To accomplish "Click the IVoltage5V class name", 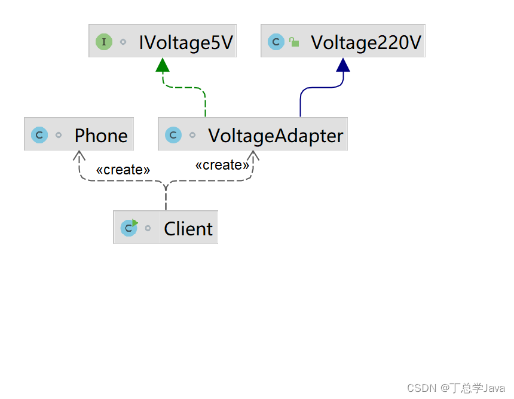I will pos(185,42).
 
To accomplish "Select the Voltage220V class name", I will pos(366,42).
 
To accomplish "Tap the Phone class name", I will pos(101,136).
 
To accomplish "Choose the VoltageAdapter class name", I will pos(276,136).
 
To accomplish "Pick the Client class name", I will pos(188,229).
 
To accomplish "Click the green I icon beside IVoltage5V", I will pos(103,42).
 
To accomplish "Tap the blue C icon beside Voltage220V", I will pos(276,42).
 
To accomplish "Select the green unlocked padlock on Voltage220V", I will pos(294,42).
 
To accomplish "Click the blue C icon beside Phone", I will pos(39,135).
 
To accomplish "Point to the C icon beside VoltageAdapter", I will pos(173,135).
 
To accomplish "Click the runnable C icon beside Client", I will pos(128,228).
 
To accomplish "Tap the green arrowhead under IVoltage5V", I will pos(163,65).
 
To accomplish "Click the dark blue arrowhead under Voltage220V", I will pos(343,65).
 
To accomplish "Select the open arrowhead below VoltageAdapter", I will pos(253,155).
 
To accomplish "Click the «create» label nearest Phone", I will pos(123,170).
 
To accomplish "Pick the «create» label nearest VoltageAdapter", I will pos(222,165).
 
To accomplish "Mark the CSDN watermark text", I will pos(456,388).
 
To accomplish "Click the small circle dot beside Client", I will pos(148,229).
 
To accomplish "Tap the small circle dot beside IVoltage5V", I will pos(123,42).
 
